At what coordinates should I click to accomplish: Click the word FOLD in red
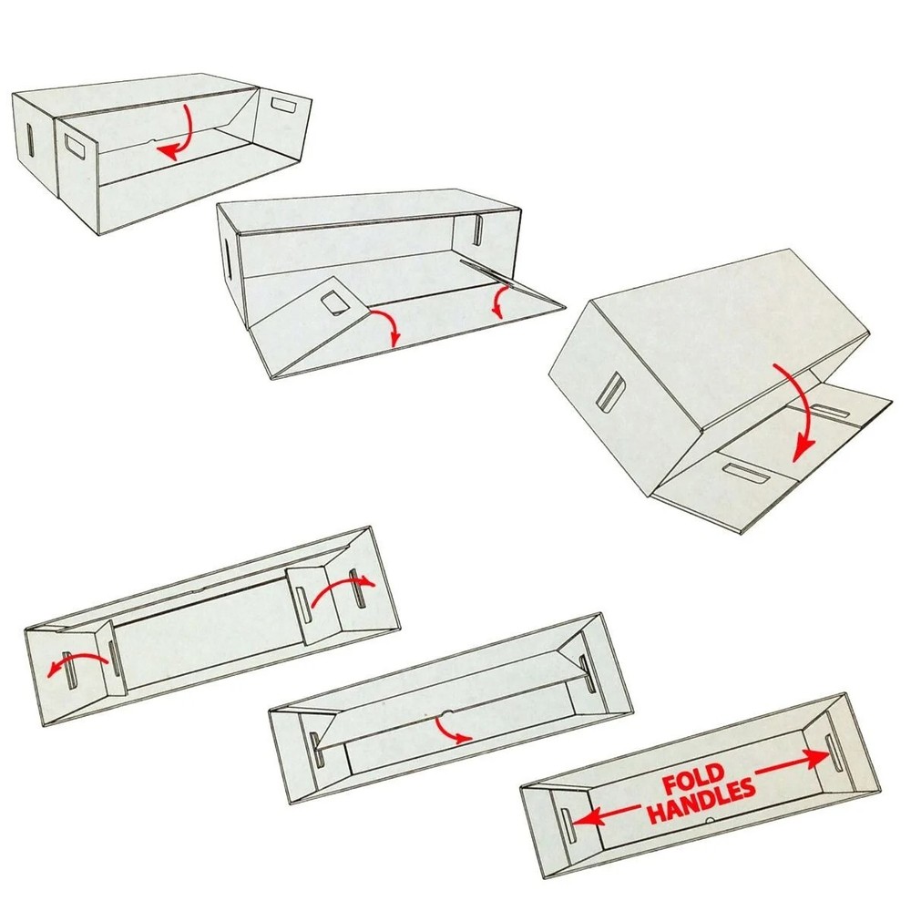click(x=693, y=781)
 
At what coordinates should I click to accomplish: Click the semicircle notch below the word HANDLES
click(x=709, y=822)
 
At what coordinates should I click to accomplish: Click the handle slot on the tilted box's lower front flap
click(x=741, y=472)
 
